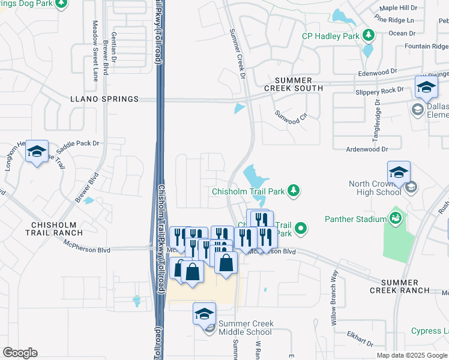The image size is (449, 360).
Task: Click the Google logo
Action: (19, 353)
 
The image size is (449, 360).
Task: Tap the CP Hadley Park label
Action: (330, 36)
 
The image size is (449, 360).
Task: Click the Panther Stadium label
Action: (356, 219)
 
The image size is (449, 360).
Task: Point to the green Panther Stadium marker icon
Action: (396, 217)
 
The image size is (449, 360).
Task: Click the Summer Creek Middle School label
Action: (246, 328)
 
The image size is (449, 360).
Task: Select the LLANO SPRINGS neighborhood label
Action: (104, 99)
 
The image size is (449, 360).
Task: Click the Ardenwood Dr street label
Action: (367, 148)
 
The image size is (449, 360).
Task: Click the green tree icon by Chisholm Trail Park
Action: (293, 191)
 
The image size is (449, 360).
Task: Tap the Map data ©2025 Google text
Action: (412, 355)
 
